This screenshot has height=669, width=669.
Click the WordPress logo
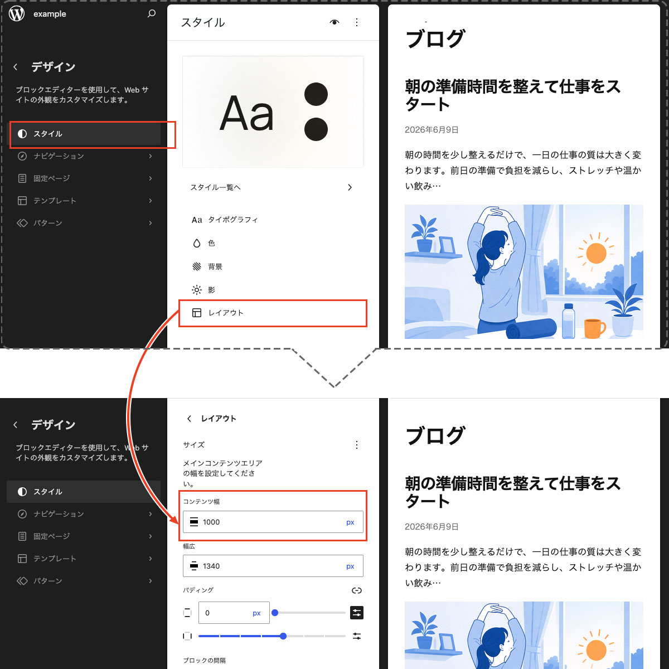point(17,14)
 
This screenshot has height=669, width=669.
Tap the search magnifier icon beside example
point(152,13)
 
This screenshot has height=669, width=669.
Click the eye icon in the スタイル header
point(334,22)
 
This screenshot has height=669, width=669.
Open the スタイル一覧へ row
point(273,187)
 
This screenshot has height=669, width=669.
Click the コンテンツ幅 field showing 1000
point(273,522)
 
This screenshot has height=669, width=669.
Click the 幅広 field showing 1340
point(273,566)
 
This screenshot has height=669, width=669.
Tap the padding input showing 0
point(234,613)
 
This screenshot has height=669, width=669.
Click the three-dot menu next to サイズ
point(357,445)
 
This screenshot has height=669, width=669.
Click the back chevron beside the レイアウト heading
point(189,419)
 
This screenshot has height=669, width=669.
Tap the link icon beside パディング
point(357,590)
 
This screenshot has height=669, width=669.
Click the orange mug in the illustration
point(594,328)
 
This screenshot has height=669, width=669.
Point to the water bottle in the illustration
point(568,321)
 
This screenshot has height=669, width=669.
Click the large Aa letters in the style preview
point(246,113)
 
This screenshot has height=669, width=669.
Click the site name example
point(50,14)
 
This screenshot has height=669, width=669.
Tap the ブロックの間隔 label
point(204,660)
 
